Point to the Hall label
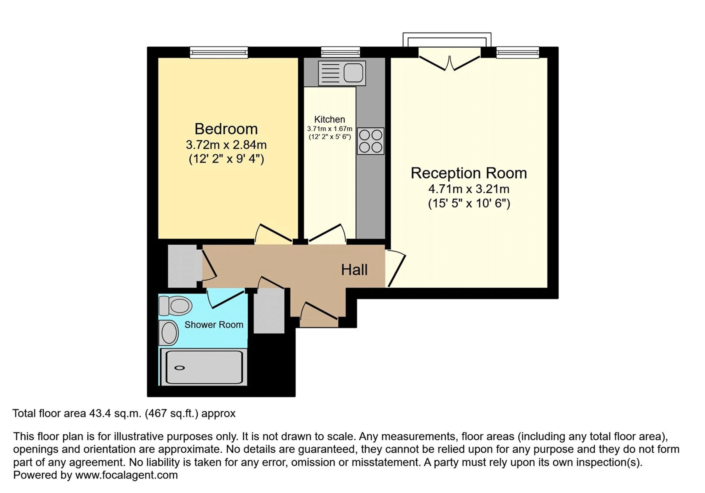click(x=354, y=270)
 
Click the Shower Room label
click(x=214, y=325)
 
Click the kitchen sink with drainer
click(x=342, y=73)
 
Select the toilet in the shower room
click(x=175, y=306)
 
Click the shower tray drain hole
click(x=180, y=368)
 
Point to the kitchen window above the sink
click(x=341, y=52)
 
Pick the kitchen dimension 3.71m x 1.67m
click(x=330, y=129)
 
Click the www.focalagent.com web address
click(x=126, y=475)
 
